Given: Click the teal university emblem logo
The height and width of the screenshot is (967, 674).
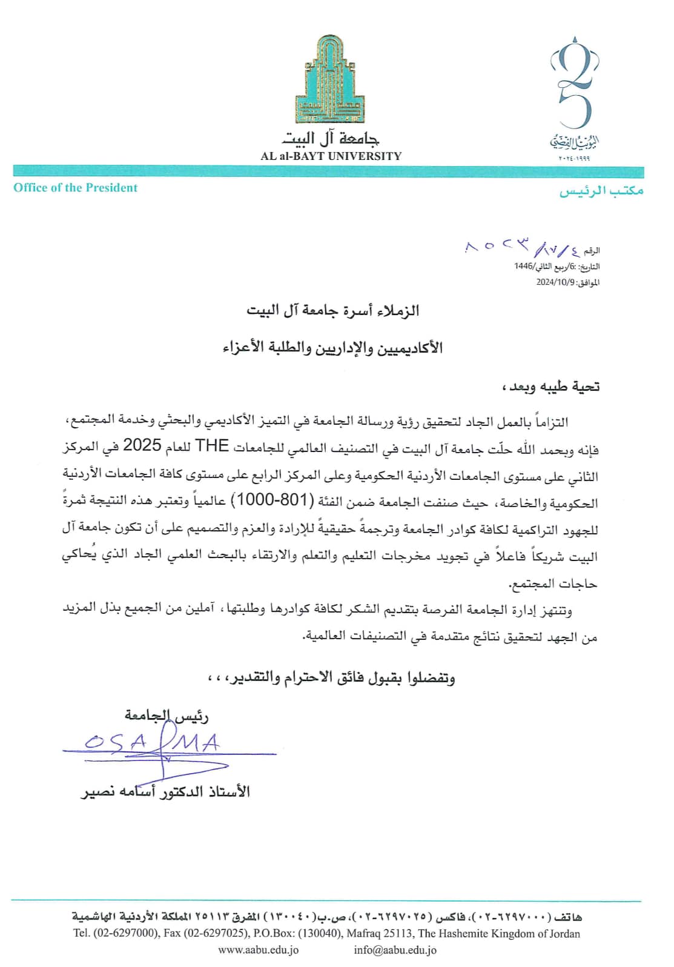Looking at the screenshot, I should pos(331,79).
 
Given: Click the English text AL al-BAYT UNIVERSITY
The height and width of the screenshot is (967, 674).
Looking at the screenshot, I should pos(331,156).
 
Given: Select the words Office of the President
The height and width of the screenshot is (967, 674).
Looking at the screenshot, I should pos(76,188).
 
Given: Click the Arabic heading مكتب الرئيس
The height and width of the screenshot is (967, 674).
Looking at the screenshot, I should pos(601,191).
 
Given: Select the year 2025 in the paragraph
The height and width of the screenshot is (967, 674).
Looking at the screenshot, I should pos(142,446).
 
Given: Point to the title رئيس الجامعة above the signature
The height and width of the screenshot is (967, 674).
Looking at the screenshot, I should pos(167,716).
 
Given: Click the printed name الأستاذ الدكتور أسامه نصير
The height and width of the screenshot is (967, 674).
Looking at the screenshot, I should pos(165,792).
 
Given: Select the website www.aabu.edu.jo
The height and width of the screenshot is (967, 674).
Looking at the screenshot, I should pos(258,950).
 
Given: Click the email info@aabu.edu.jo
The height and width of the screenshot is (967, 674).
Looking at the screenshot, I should pos(395,950).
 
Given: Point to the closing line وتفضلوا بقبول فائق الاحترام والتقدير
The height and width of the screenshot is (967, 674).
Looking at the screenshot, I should pos(332,677).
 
